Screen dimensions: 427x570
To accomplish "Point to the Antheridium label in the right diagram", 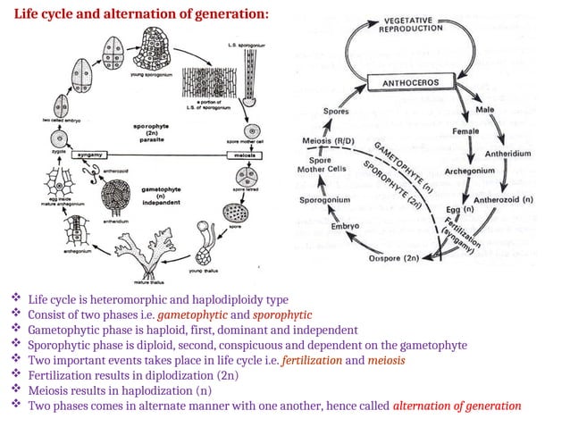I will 507,154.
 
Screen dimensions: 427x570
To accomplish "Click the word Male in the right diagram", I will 486,110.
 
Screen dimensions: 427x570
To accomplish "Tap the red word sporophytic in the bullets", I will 281,315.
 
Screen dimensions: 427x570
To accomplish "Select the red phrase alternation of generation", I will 457,406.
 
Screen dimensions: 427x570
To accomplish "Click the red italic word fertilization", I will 311,360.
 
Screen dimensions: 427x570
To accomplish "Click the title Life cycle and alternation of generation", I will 138,15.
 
